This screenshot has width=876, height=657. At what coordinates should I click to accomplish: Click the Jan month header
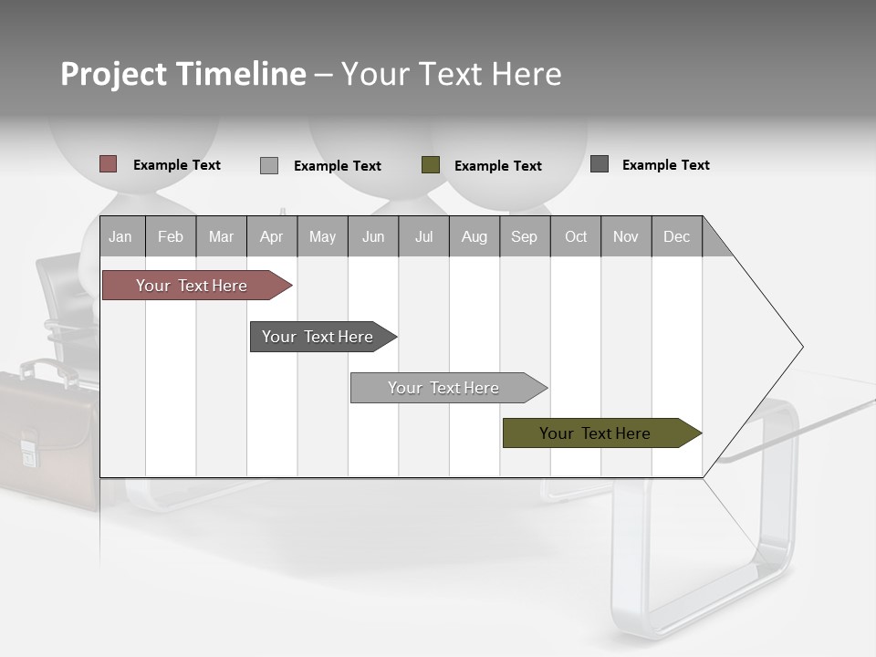pyautogui.click(x=120, y=236)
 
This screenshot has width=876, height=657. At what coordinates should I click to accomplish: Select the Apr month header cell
pyautogui.click(x=271, y=236)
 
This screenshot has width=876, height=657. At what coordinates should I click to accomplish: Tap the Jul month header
pyautogui.click(x=423, y=236)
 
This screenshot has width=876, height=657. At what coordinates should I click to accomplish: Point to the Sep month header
pyautogui.click(x=524, y=236)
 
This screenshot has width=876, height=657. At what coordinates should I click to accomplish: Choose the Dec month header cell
pyautogui.click(x=676, y=236)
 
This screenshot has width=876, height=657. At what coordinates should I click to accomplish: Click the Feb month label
pyautogui.click(x=171, y=236)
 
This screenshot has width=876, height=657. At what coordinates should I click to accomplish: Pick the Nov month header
pyautogui.click(x=626, y=236)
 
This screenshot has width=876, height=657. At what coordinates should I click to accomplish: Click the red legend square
pyautogui.click(x=108, y=164)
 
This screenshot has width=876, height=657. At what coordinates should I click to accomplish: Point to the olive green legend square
pyautogui.click(x=431, y=165)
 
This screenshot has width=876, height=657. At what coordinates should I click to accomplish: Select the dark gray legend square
pyautogui.click(x=600, y=164)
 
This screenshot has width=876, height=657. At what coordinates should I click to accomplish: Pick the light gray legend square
pyautogui.click(x=269, y=165)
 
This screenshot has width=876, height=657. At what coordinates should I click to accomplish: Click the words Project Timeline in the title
pyautogui.click(x=183, y=74)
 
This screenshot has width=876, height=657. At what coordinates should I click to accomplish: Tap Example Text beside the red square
pyautogui.click(x=177, y=165)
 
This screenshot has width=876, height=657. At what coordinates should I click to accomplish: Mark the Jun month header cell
pyautogui.click(x=373, y=236)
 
